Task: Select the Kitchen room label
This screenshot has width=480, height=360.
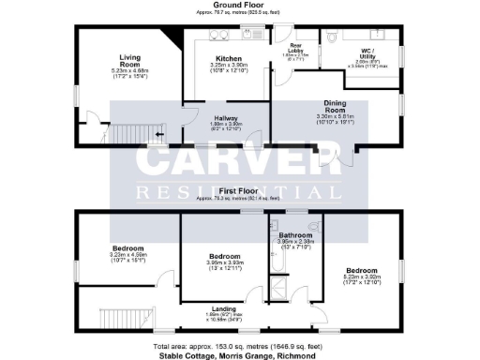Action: (x=222, y=60)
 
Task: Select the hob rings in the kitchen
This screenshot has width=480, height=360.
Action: (x=219, y=37)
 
